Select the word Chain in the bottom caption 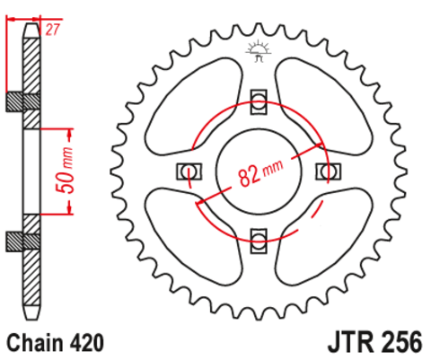tap(33, 343)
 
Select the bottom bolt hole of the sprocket tap(259, 239)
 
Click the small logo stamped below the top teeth tap(259, 51)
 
